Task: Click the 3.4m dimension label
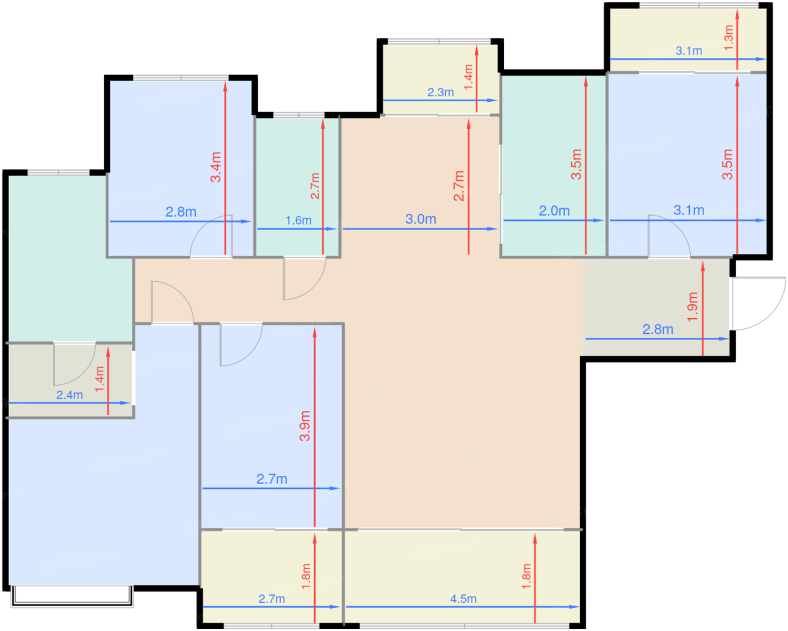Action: (x=216, y=167)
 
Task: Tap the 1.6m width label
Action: (x=298, y=221)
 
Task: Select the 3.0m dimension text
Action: (x=420, y=219)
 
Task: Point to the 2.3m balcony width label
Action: (x=441, y=92)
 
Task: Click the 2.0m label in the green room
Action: (x=554, y=211)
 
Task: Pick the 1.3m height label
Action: (x=729, y=38)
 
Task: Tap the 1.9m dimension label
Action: (x=692, y=307)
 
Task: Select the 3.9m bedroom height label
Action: (x=305, y=426)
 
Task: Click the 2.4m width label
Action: (x=70, y=395)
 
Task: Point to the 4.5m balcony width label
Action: (x=463, y=599)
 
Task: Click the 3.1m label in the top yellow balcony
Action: (x=689, y=51)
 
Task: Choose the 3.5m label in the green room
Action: (x=576, y=164)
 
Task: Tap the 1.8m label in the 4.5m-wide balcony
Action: (x=526, y=576)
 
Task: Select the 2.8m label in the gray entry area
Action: (x=657, y=329)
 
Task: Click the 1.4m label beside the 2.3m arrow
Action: (x=468, y=77)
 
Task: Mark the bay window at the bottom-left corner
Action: (x=72, y=597)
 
